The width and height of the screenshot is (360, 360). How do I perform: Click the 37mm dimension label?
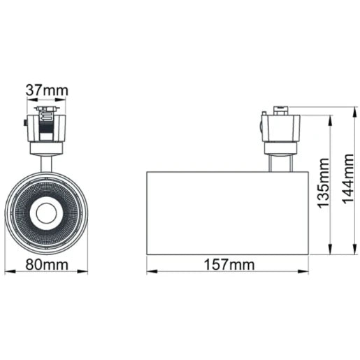(46, 90)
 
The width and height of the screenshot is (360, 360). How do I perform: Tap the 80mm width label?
(46, 265)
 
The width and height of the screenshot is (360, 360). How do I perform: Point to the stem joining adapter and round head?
(46, 160)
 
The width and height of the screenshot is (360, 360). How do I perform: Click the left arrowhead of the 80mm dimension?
(8, 273)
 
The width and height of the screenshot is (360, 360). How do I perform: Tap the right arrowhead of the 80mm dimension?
(85, 273)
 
